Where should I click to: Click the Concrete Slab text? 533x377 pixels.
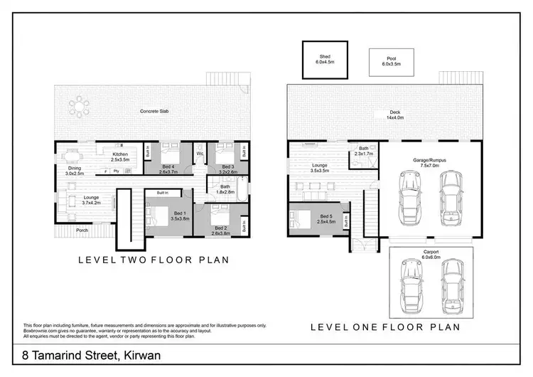click(154, 112)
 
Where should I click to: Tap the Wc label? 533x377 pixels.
click(201, 153)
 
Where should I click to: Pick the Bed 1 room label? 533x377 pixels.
click(178, 215)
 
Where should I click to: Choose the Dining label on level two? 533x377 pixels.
click(75, 169)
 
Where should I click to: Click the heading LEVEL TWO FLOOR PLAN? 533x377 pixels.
click(153, 260)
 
